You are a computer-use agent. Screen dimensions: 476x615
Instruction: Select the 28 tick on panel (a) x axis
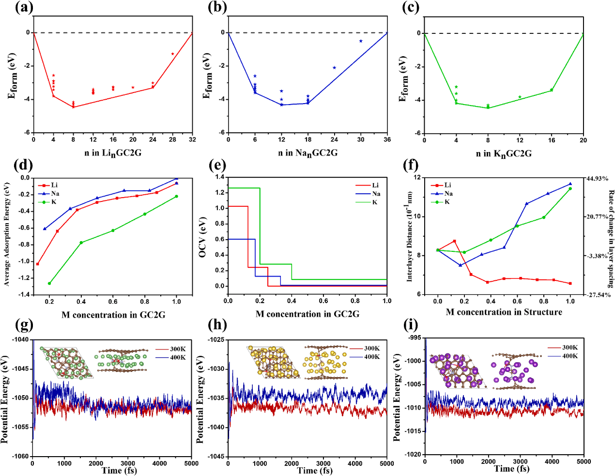point(172,139)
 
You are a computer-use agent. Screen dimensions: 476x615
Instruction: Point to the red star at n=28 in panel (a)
point(172,54)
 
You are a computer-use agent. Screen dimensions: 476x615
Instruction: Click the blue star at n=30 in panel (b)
point(361,41)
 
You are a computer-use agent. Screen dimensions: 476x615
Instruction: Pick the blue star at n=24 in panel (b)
point(334,67)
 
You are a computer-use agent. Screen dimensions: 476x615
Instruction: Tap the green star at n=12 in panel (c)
point(520,97)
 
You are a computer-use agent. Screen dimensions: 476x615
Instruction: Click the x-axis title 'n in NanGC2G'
point(307,153)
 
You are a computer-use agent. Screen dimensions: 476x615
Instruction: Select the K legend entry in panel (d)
point(53,202)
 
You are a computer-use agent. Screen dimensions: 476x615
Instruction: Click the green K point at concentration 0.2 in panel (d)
point(49,283)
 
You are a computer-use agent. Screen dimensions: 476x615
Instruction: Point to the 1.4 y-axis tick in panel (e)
point(219,177)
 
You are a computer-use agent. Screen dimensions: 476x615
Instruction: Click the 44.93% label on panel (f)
point(597,179)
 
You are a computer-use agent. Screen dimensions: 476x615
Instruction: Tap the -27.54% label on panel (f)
point(598,294)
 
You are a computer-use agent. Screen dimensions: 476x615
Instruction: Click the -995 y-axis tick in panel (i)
point(414,338)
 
